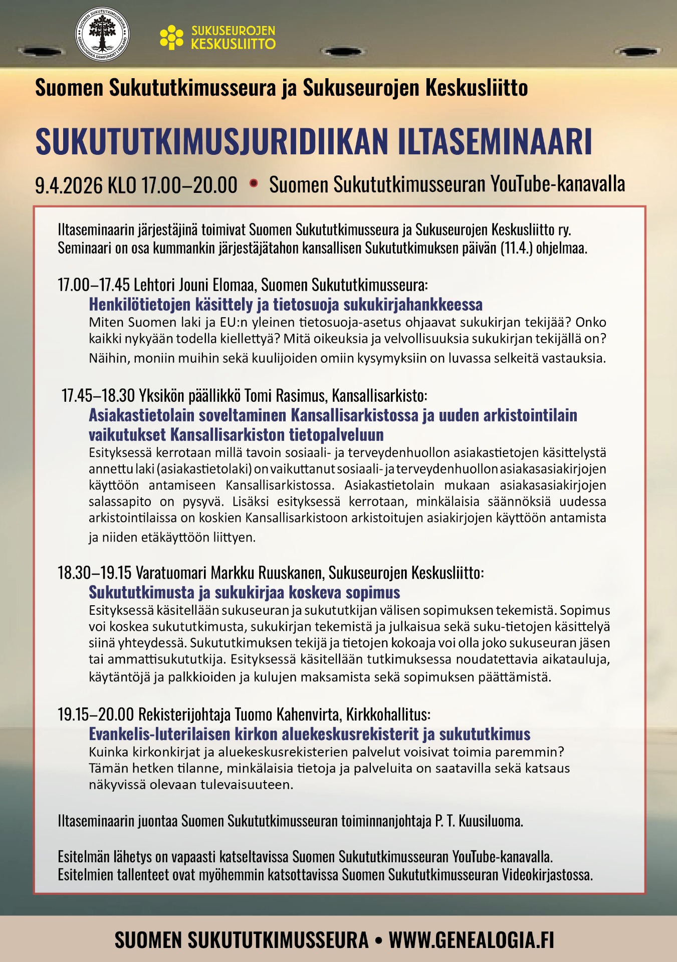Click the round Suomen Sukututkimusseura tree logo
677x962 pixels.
pyautogui.click(x=102, y=35)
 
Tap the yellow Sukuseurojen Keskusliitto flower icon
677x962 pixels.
pyautogui.click(x=171, y=38)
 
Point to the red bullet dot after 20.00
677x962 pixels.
pyautogui.click(x=254, y=183)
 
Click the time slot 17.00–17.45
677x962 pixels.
pyautogui.click(x=94, y=285)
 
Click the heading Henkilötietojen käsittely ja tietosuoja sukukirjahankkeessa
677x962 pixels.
pyautogui.click(x=286, y=304)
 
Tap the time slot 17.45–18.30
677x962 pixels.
pyautogui.click(x=98, y=395)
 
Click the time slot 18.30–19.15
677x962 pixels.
pyautogui.click(x=94, y=572)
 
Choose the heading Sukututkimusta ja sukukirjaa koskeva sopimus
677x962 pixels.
pyautogui.click(x=244, y=592)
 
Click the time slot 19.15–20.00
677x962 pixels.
pyautogui.click(x=96, y=714)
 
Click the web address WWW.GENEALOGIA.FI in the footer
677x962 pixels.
pyautogui.click(x=472, y=940)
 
